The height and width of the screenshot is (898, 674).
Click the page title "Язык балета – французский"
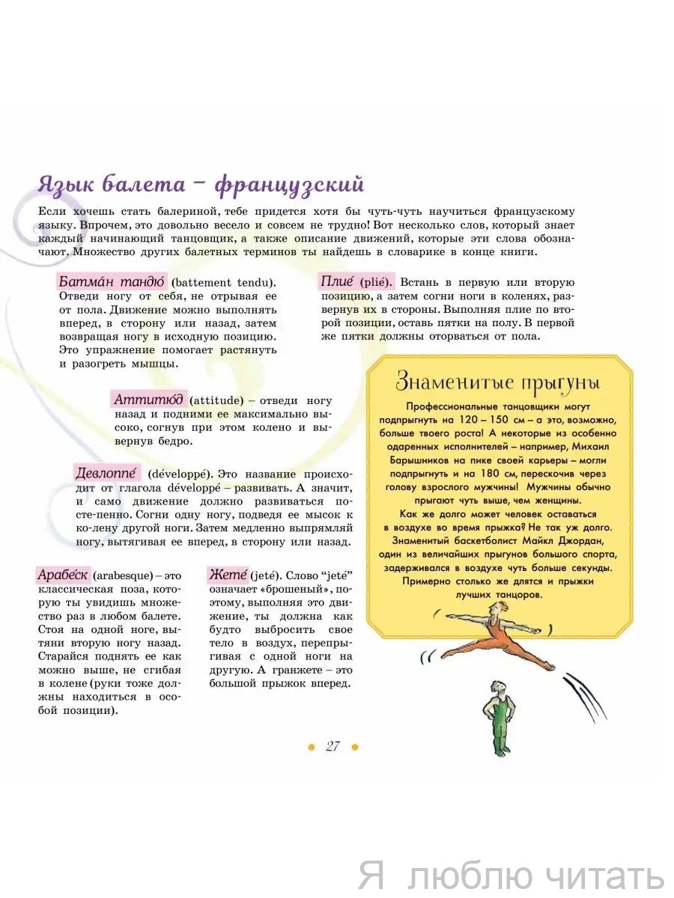[201, 184]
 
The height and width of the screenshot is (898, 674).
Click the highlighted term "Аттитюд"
[148, 400]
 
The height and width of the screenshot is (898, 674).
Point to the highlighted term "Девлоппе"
[106, 473]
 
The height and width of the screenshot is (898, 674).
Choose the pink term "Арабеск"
[64, 575]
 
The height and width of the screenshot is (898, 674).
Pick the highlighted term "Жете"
[227, 575]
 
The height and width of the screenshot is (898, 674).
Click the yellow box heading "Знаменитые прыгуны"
[498, 382]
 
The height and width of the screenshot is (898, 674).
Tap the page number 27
[333, 746]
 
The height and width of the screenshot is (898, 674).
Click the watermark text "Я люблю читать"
[511, 875]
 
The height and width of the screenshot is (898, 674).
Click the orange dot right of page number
[355, 747]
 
